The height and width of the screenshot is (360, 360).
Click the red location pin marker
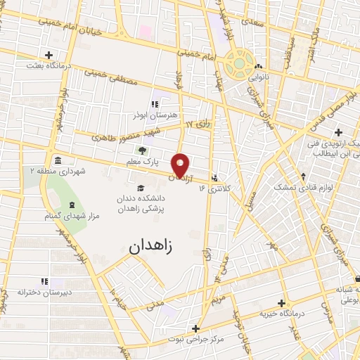(x=181, y=165)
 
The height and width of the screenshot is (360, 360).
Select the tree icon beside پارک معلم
(x=143, y=150)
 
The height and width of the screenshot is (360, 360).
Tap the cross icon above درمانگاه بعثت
(x=48, y=55)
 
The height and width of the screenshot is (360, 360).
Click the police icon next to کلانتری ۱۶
(x=214, y=177)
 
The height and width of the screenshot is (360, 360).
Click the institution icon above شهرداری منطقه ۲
(x=57, y=160)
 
